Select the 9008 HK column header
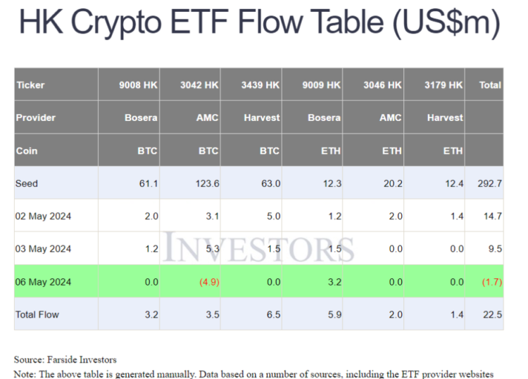coord(138,85)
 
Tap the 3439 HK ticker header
coord(260,85)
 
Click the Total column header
coord(490,85)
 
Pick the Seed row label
coord(27,184)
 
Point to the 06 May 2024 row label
coord(43,281)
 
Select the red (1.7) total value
coord(491,281)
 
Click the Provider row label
coord(36,117)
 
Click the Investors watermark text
coord(259,248)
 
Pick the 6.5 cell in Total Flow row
coord(272,314)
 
